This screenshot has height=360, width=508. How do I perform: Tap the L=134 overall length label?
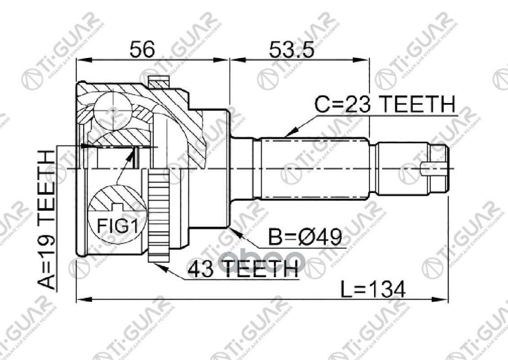(x=372, y=288)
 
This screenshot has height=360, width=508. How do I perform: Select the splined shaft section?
(x=315, y=168)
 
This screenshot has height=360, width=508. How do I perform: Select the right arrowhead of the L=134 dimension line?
(x=443, y=298)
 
